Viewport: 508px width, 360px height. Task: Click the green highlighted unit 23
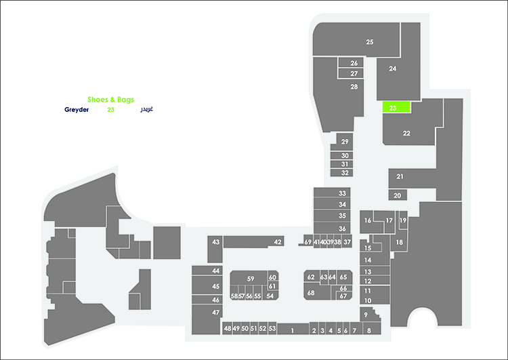tap(396, 107)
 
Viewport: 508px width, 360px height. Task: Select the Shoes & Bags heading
tap(111, 100)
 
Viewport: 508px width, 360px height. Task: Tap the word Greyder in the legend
tap(77, 110)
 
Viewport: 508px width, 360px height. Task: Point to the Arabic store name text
tap(146, 109)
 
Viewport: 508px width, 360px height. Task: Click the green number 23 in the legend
tap(111, 110)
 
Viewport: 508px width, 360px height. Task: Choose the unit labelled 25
tap(356, 39)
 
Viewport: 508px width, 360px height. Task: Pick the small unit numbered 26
tap(351, 63)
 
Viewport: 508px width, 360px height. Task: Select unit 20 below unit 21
tap(398, 195)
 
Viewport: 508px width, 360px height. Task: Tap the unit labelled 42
tap(253, 241)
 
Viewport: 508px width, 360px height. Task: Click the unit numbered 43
tap(215, 249)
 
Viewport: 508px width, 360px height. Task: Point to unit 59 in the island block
tap(249, 278)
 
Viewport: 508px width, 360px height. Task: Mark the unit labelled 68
tap(317, 292)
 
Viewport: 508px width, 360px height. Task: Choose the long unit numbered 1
tap(293, 329)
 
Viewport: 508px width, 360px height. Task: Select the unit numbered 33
tap(332, 193)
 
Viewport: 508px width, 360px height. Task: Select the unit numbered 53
tap(272, 329)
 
